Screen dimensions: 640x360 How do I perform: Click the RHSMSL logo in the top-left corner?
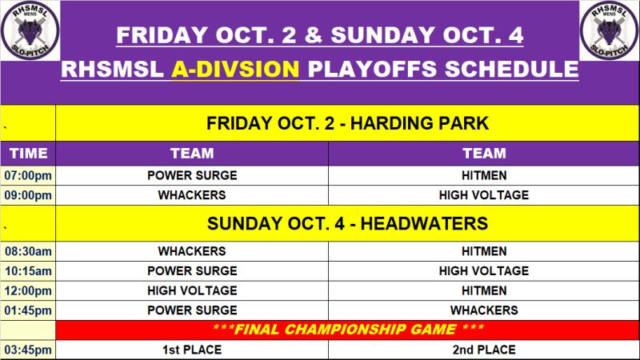30,30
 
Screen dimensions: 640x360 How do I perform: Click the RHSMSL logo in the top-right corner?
610,30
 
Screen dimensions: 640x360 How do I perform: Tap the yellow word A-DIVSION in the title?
235,69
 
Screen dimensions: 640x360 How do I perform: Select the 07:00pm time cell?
28,175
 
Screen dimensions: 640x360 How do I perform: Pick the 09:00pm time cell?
28,195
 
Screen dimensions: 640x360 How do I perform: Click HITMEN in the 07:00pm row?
484,175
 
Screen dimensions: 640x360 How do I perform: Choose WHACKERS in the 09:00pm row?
192,195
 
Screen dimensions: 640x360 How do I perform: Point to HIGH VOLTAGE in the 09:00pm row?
484,195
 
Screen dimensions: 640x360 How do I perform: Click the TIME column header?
28,154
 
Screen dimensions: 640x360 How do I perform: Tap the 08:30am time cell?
28,251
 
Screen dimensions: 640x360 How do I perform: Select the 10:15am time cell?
28,271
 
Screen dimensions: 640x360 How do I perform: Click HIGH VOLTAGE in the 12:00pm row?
192,290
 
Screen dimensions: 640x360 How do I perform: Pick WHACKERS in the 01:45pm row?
484,310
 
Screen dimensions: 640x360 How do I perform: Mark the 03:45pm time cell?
28,350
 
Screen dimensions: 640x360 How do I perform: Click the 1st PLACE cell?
192,350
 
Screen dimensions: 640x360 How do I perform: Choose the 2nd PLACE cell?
484,350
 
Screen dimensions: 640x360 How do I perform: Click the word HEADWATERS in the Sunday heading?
424,224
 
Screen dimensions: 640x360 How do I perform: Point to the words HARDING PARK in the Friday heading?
419,123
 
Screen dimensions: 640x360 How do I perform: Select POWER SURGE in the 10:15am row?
192,271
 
